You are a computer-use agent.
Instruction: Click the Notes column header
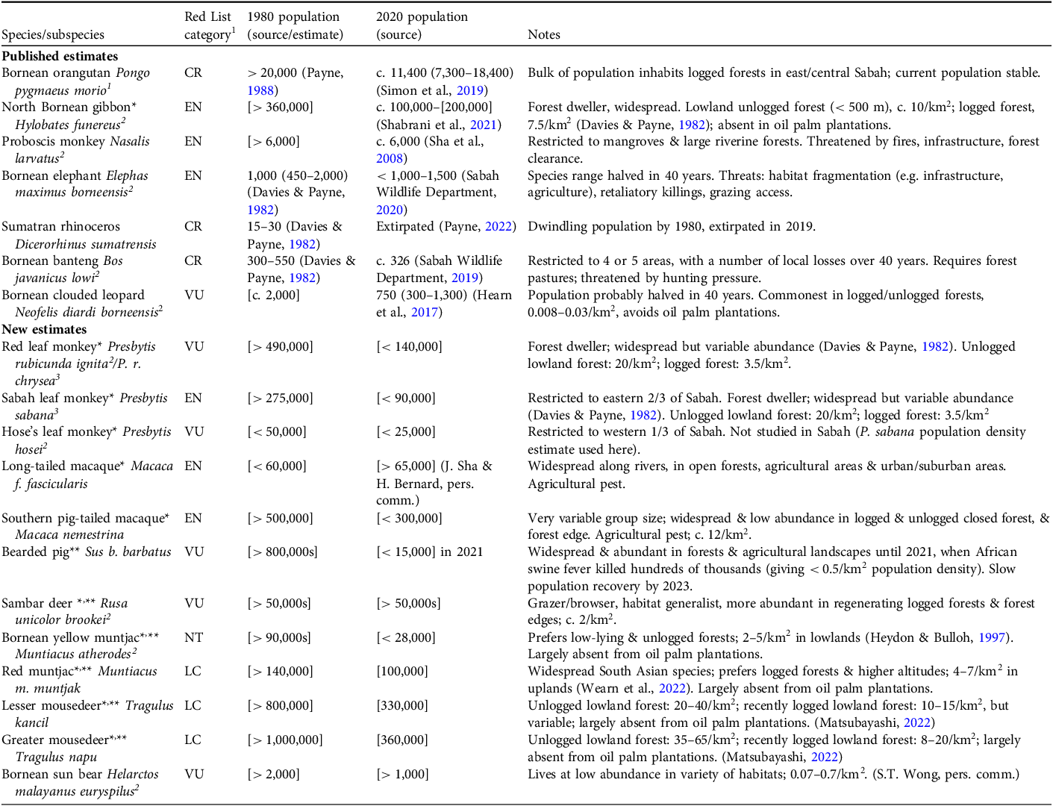[x=543, y=34]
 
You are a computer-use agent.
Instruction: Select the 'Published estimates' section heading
[x=60, y=56]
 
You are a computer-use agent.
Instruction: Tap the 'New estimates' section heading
[x=44, y=329]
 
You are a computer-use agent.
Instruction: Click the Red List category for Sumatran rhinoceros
[x=193, y=226]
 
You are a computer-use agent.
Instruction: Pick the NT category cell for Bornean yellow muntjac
[x=193, y=637]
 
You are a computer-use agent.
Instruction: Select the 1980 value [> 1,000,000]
[x=285, y=740]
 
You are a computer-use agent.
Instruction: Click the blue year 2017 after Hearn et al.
[x=424, y=312]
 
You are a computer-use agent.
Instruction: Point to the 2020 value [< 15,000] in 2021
[x=429, y=552]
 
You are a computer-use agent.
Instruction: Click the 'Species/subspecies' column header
[x=53, y=34]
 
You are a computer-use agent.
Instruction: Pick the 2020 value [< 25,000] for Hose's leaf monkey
[x=405, y=431]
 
